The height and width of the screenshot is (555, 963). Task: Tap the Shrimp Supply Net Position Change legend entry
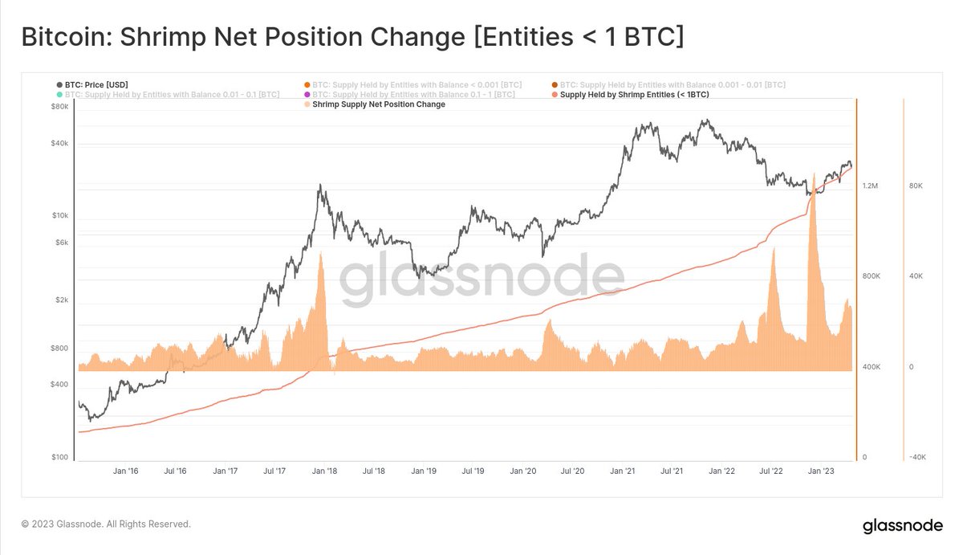tap(378, 104)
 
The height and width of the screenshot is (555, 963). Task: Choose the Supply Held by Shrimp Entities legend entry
tap(634, 95)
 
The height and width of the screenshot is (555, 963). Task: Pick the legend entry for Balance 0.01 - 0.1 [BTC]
tap(172, 95)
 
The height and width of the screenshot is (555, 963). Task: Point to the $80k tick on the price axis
tap(60, 106)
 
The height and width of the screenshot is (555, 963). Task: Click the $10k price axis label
tap(60, 215)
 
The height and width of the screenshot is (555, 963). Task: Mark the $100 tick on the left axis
tap(60, 457)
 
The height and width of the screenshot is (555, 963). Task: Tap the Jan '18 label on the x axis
tap(325, 472)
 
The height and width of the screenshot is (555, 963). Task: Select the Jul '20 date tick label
tap(572, 472)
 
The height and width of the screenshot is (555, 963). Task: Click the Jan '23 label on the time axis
tap(819, 472)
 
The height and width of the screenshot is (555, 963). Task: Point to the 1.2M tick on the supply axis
tap(871, 186)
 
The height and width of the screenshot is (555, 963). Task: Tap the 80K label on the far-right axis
tap(916, 186)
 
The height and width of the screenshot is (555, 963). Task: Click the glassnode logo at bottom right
tap(902, 527)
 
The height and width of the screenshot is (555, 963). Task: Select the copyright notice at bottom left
tap(106, 524)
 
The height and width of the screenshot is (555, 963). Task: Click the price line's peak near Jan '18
tap(320, 186)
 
